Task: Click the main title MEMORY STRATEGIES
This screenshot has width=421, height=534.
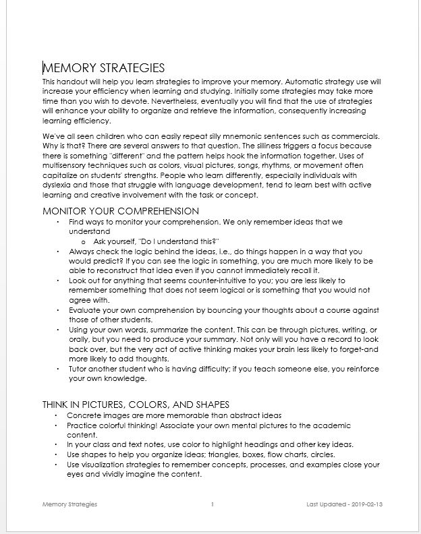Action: coord(103,67)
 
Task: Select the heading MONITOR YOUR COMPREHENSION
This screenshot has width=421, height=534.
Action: coord(121,211)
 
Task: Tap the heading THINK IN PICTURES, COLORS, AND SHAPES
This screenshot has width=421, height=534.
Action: coord(136,404)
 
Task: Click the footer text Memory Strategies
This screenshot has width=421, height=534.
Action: coord(69,504)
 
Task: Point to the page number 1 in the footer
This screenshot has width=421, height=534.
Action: coord(212,504)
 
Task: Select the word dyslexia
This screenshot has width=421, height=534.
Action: coord(57,186)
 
